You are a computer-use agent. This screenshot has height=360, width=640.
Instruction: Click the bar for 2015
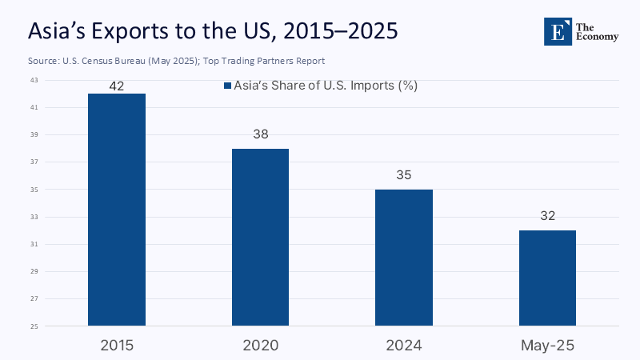tap(117, 210)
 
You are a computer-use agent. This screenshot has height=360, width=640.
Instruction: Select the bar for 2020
tap(260, 237)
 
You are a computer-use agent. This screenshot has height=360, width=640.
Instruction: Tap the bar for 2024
tap(404, 258)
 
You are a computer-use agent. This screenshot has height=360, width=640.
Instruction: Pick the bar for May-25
tap(547, 278)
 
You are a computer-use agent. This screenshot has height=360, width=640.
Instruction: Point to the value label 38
tap(260, 134)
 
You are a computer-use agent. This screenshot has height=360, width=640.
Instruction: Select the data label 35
tap(404, 175)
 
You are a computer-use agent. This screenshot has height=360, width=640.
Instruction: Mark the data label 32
tap(547, 216)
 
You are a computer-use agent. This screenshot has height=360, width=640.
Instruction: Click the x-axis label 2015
tap(117, 345)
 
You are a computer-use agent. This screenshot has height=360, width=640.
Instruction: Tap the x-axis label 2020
tap(260, 345)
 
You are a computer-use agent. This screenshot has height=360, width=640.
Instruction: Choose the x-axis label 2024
tap(404, 345)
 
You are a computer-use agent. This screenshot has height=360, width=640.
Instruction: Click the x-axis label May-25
tap(547, 345)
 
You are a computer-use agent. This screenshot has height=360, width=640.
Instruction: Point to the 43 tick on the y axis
tap(34, 81)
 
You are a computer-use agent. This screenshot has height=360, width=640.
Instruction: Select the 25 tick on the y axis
tap(34, 326)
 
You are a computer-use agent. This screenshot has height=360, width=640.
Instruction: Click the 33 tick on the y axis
tap(34, 217)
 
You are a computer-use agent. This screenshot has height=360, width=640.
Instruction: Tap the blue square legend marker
tap(226, 86)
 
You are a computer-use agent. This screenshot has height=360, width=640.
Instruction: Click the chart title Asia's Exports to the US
tap(213, 31)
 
